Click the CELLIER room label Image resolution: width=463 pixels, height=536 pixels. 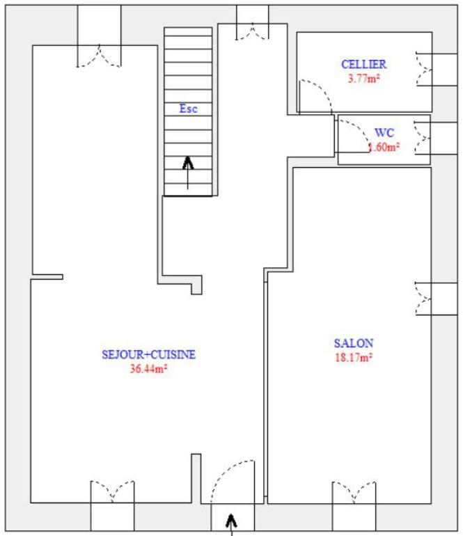click(363, 64)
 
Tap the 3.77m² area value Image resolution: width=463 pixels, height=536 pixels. click(363, 78)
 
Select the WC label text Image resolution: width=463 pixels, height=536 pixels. click(384, 132)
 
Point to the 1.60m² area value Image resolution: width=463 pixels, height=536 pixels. click(384, 147)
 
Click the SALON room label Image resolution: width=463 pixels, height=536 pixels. click(354, 343)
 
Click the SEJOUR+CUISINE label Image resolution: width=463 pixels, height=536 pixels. click(148, 354)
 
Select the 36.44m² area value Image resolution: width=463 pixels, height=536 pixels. click(148, 369)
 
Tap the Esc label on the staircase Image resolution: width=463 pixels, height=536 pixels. click(188, 109)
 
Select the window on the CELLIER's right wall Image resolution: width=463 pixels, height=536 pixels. click(432, 69)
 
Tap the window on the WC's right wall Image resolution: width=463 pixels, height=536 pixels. click(430, 137)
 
